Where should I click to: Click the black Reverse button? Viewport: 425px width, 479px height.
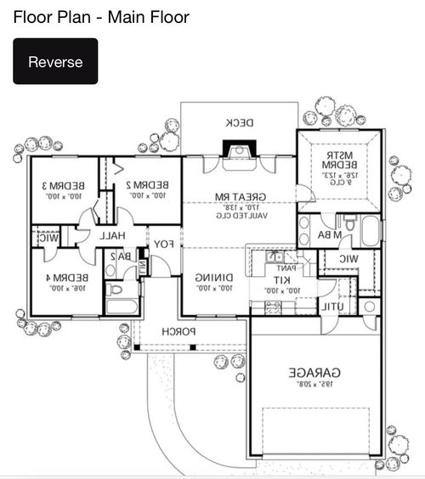click(x=55, y=61)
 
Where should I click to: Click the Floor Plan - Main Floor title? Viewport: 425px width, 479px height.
click(x=101, y=17)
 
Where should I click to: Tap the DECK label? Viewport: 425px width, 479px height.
click(x=239, y=123)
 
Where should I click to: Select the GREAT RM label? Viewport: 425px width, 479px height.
click(x=240, y=197)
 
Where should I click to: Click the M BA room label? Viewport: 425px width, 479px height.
click(x=331, y=234)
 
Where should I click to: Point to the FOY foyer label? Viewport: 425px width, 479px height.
click(x=162, y=245)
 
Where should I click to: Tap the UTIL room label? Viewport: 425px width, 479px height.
click(x=331, y=306)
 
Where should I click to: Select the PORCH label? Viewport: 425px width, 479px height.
click(x=180, y=330)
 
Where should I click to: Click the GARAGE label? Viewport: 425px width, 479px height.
click(x=314, y=372)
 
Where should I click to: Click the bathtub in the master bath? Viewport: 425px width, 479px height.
click(x=371, y=231)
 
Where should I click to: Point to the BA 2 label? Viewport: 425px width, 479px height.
click(x=123, y=256)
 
